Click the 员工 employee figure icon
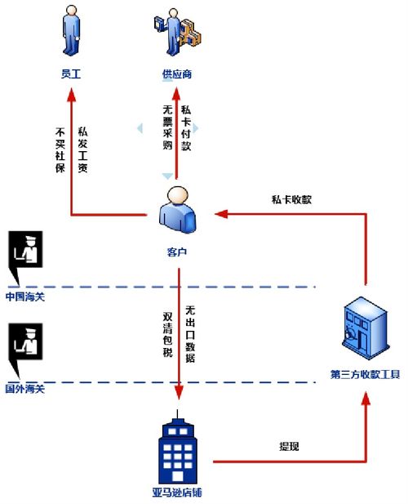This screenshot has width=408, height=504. (71, 31)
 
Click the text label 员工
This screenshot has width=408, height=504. (71, 74)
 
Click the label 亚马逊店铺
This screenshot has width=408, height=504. (177, 493)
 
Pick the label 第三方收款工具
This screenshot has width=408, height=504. (364, 375)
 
